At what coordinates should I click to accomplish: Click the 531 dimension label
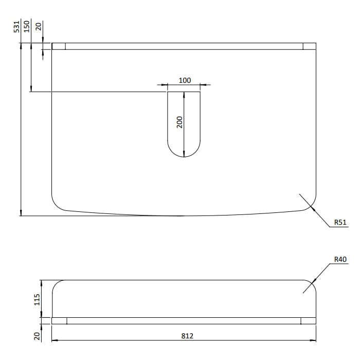[x=16, y=27]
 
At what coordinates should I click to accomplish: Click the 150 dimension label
[x=27, y=26]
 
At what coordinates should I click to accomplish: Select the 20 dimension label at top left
[x=39, y=26]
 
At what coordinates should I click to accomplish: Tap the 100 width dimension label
[x=185, y=80]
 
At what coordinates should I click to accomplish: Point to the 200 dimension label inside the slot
[x=180, y=122]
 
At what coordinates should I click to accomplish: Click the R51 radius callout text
[x=340, y=222]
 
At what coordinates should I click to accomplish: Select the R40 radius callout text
[x=340, y=259]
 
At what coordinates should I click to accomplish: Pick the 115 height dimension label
[x=37, y=300]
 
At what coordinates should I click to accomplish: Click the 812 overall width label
[x=187, y=336]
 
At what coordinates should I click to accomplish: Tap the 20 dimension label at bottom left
[x=37, y=336]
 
